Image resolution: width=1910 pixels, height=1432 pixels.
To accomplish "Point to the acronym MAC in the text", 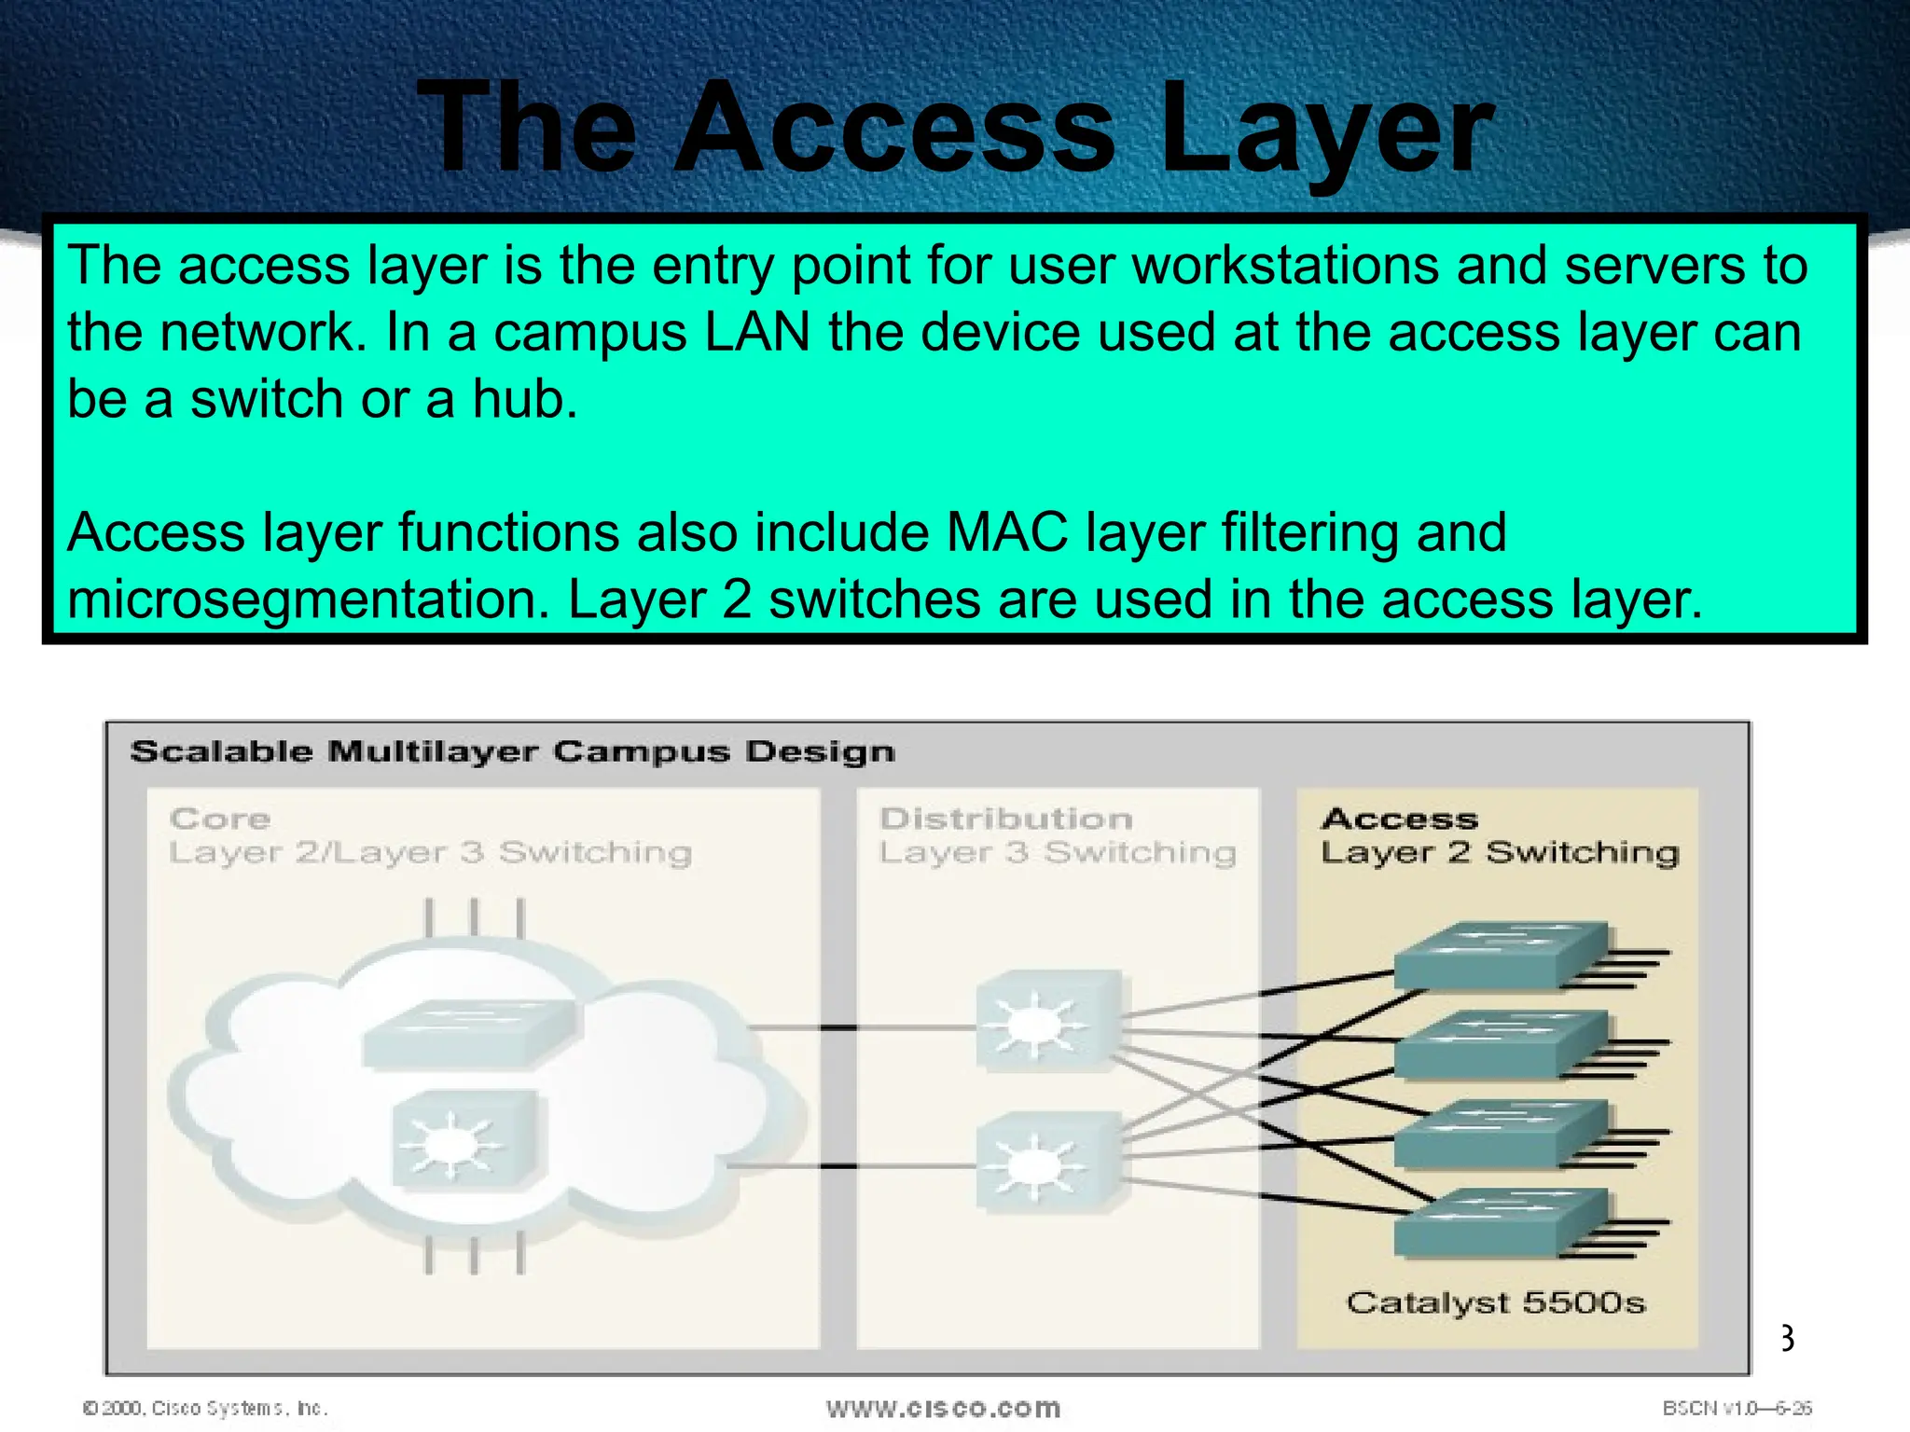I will (x=1006, y=532).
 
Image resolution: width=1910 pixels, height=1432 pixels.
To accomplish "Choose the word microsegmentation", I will (x=308, y=599).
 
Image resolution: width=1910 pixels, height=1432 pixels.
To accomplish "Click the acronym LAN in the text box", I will (x=756, y=333).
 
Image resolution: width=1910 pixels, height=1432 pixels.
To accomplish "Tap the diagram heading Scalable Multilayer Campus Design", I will (x=512, y=751).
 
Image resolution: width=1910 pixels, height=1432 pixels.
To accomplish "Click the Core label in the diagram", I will (x=220, y=819).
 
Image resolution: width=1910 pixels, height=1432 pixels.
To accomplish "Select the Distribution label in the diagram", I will (x=1006, y=819).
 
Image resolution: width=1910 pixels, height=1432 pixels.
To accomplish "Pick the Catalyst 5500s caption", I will (x=1495, y=1302).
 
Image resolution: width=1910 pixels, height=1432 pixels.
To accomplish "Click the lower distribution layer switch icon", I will (x=1046, y=1162).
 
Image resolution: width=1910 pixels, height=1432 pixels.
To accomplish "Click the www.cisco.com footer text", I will (x=943, y=1408).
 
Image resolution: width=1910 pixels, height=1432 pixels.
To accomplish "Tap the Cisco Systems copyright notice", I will (x=205, y=1408).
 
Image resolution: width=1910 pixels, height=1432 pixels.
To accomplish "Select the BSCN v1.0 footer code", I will (x=1736, y=1408).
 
